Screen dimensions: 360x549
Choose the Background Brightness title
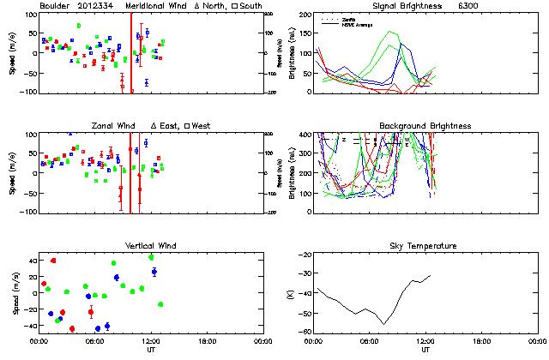pyautogui.click(x=425, y=126)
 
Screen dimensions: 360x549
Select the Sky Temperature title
pyautogui.click(x=425, y=246)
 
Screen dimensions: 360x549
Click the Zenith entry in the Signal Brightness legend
pyautogui.click(x=349, y=18)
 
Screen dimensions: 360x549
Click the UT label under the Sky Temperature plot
pyautogui.click(x=425, y=350)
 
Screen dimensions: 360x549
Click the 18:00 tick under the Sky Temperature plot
pyautogui.click(x=482, y=341)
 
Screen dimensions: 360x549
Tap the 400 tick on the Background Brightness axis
pyautogui.click(x=305, y=135)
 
